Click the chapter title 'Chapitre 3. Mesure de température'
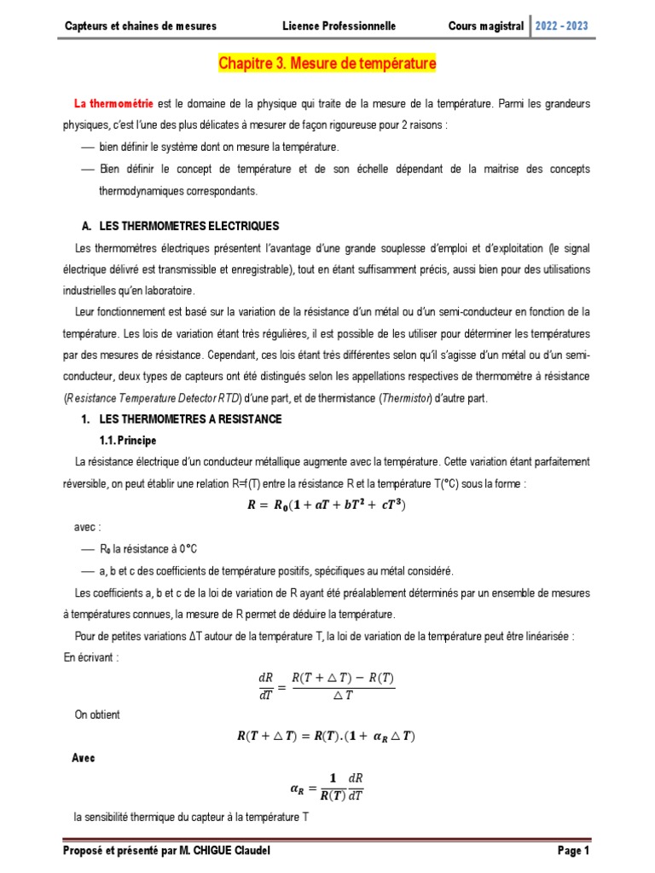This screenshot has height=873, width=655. tap(327, 64)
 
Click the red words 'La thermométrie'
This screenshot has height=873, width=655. tap(114, 104)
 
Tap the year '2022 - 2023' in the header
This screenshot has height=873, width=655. tap(560, 26)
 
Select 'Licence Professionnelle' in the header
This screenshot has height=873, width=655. tap(339, 26)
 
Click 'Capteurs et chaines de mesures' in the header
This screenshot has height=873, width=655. tap(141, 26)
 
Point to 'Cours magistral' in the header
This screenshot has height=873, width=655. tap(486, 26)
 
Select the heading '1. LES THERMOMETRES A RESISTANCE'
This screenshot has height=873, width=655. tap(181, 420)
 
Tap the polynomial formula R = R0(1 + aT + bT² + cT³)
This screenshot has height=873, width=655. tap(327, 505)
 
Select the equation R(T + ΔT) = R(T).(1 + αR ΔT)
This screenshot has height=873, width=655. tap(327, 736)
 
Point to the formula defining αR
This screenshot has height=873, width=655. tap(327, 785)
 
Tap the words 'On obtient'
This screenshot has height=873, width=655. tap(98, 714)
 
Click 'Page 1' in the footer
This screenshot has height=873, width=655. tap(572, 851)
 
